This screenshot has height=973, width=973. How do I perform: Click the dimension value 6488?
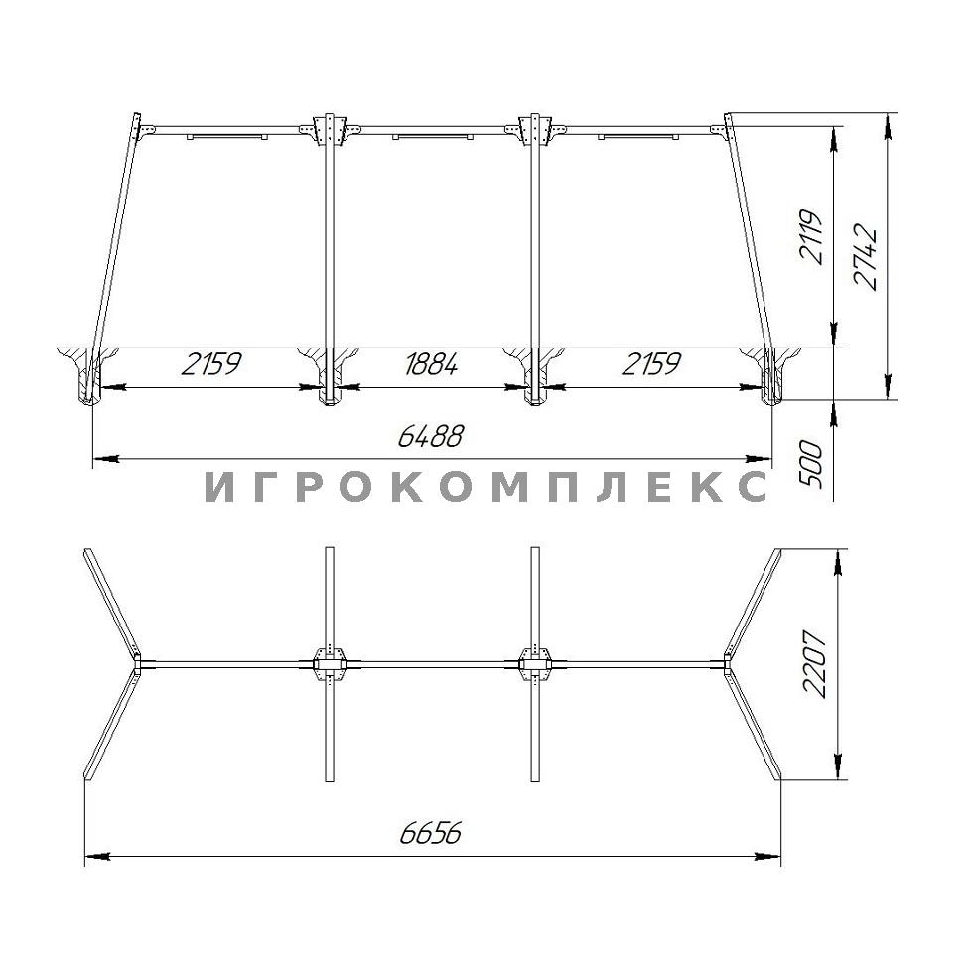[430, 436]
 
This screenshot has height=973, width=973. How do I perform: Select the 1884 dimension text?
[431, 364]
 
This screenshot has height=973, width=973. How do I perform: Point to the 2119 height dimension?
[811, 237]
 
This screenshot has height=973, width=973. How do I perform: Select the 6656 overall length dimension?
[431, 833]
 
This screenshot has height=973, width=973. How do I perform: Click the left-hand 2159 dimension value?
[210, 364]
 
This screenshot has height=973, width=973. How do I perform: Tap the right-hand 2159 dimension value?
[651, 364]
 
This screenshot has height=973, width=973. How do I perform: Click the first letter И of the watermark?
[218, 486]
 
